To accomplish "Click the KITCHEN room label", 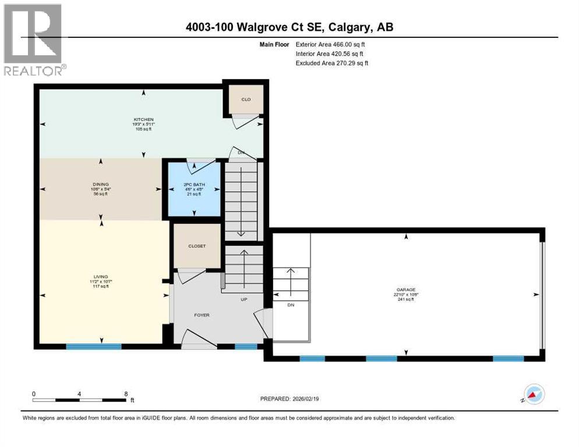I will point(143,119).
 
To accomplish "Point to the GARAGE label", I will point(407,289).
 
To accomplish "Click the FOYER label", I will point(202,315).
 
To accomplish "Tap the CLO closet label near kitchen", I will point(246,100).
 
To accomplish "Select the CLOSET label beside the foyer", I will point(197,246).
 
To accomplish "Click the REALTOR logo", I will point(34,39).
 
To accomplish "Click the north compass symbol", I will point(534,395).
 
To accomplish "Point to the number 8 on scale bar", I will point(126,393).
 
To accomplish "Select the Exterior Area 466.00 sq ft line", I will point(330,44).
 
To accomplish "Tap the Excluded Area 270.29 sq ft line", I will point(332,63).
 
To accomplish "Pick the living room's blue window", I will point(93,346).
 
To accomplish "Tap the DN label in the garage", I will point(291,304).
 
